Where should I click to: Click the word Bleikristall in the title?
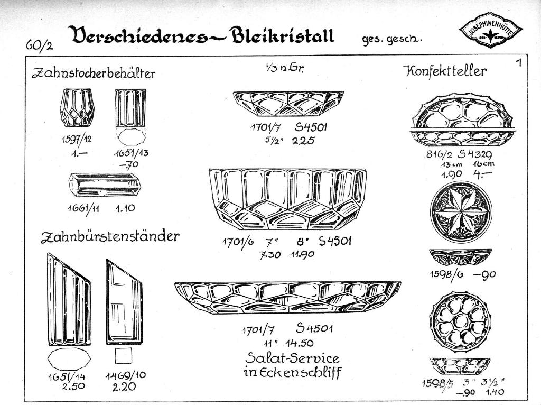282,35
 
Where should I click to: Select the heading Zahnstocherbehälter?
94,73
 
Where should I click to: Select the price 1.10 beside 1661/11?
125,208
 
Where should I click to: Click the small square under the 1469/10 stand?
123,356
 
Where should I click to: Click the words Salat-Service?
292,358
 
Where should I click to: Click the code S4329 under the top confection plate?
479,154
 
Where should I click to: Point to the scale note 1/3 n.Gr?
284,68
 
